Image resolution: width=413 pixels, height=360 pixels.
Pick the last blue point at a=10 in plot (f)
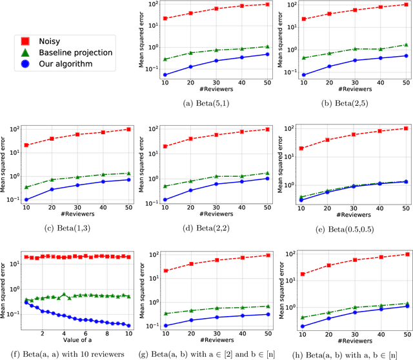[x=128, y=325]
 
